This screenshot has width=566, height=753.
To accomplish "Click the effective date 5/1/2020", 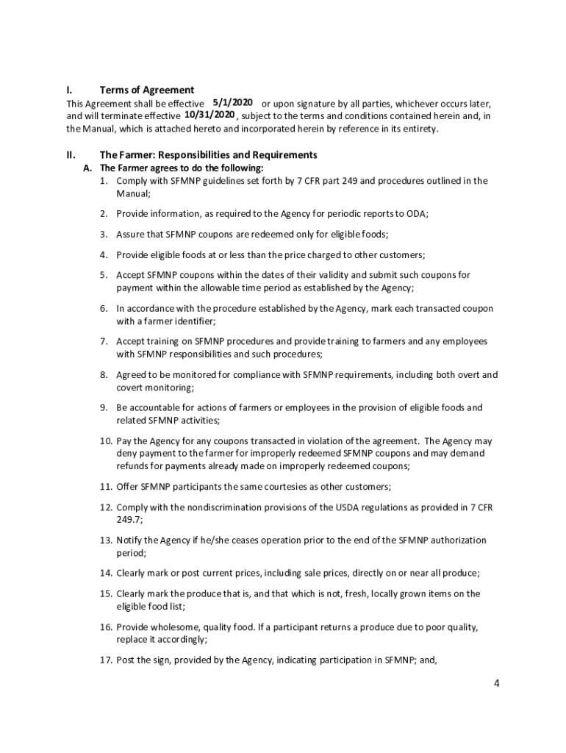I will pyautogui.click(x=232, y=102).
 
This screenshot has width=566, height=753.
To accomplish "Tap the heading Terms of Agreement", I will pyautogui.click(x=147, y=90).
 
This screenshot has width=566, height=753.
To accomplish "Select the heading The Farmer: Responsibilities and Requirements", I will pyautogui.click(x=208, y=155).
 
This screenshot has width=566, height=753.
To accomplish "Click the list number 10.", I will pyautogui.click(x=106, y=441).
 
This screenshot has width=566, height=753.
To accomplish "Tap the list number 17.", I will pyautogui.click(x=106, y=660).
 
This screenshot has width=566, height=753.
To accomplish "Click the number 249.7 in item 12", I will pyautogui.click(x=127, y=519).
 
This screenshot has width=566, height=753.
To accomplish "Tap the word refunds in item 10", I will pyautogui.click(x=133, y=466).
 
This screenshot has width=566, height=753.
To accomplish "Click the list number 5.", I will pyautogui.click(x=104, y=275).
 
